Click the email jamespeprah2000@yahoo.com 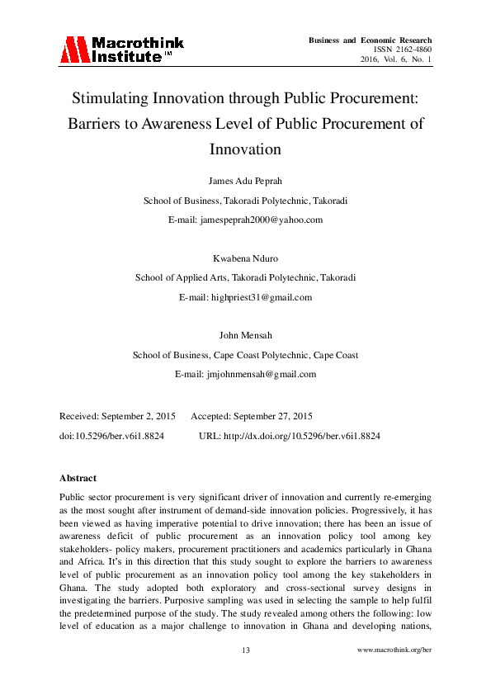coord(245,220)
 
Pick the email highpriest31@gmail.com coord(245,297)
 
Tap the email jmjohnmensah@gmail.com coord(245,374)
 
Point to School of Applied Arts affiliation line coord(245,278)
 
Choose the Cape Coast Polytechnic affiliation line coord(245,356)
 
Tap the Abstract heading coord(78,478)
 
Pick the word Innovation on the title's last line coord(245,149)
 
